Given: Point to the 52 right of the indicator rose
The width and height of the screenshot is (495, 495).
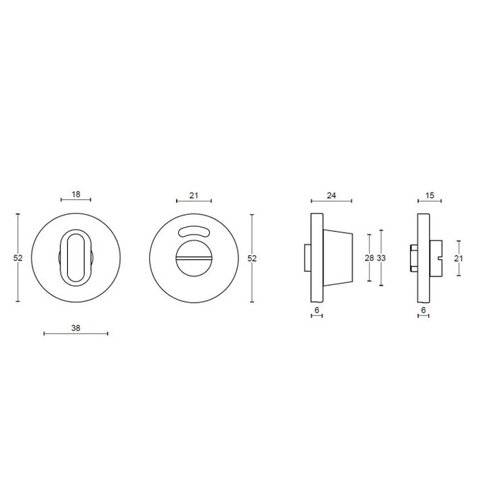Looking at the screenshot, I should coord(252,258).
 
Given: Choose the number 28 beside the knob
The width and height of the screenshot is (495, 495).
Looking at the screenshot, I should coord(369,258).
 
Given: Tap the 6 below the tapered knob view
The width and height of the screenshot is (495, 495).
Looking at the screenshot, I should coord(317,310).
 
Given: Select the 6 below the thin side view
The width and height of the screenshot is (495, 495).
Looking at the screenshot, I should coord(423,310).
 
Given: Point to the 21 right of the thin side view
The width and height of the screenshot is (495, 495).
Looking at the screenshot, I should coord(458,258).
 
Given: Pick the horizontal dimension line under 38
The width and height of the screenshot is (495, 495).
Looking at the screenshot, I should coord(75,333).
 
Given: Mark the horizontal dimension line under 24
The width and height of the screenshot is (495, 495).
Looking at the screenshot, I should coord(330,201).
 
